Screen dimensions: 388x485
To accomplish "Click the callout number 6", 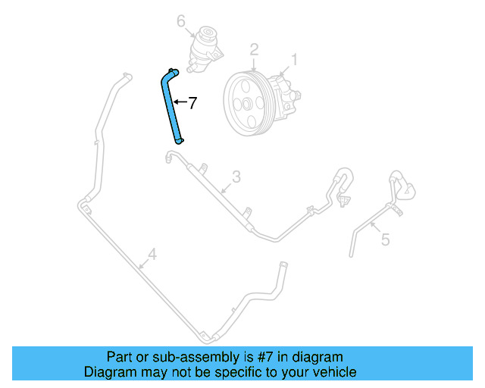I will [181, 21].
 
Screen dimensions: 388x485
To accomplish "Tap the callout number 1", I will [295, 58].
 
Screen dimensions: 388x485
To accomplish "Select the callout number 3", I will [236, 177].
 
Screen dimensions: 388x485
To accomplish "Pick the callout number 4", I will [152, 254].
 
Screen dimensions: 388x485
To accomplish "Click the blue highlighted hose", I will [174, 106].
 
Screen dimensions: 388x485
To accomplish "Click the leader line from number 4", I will [142, 263].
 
